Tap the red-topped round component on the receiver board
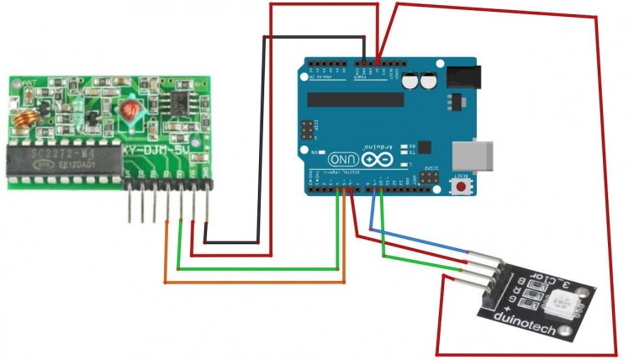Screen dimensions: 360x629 pyautogui.click(x=129, y=109)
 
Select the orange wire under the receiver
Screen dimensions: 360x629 pyautogui.click(x=252, y=282)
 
